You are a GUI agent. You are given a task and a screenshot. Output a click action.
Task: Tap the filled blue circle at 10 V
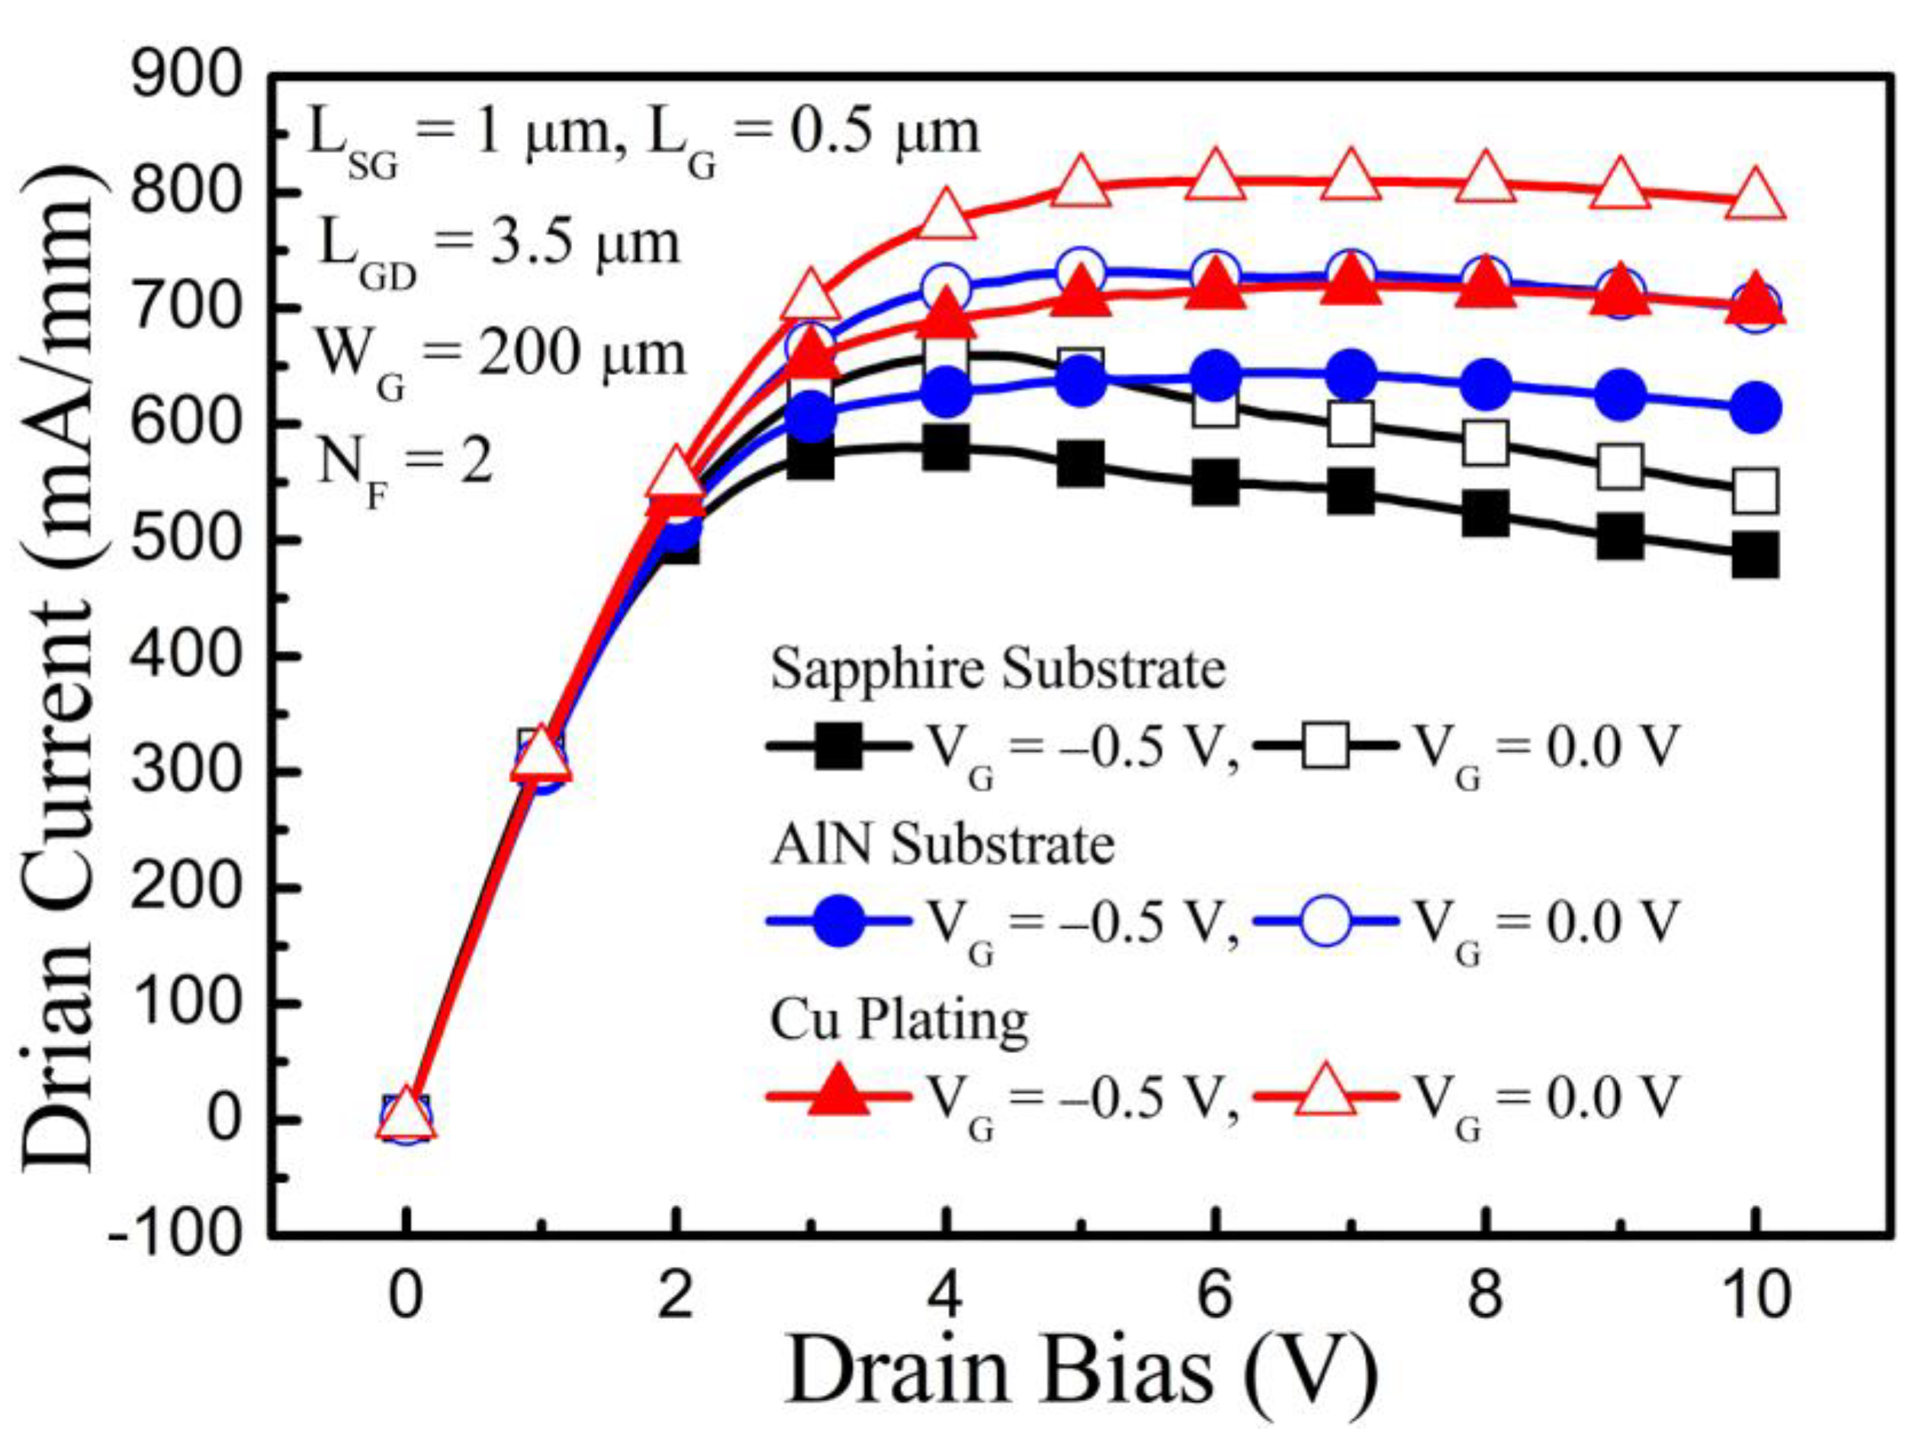tap(1754, 408)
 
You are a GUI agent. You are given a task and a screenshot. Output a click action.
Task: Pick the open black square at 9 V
tap(1620, 467)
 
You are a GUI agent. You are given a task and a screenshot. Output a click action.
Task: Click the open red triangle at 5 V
tap(1080, 183)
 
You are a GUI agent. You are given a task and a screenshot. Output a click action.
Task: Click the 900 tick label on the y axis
tap(185, 77)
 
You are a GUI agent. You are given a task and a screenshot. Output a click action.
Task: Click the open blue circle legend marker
tap(1325, 921)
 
